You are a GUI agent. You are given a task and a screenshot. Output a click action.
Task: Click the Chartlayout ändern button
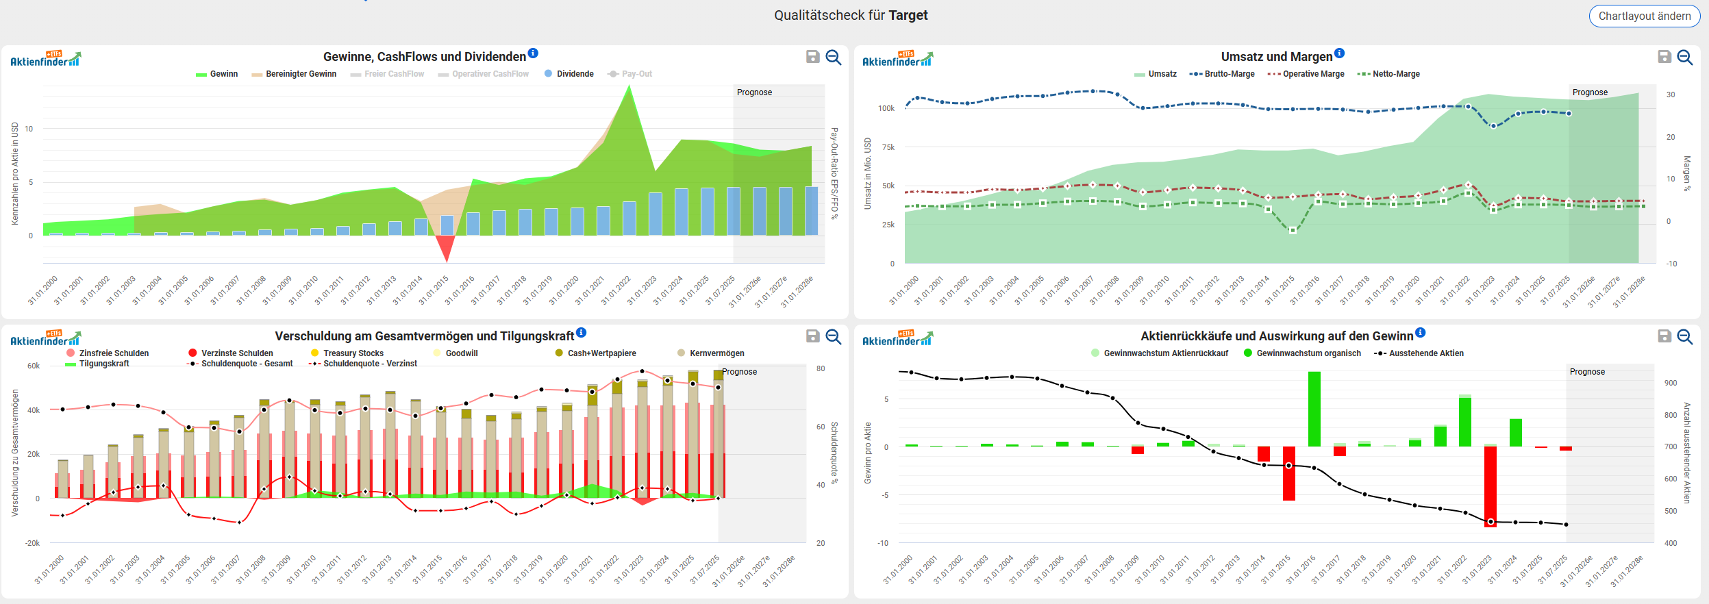coord(1644,16)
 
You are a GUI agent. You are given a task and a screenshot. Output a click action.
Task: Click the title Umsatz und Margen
coord(1276,57)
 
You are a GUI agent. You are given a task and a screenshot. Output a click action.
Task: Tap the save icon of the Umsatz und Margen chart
coord(1664,57)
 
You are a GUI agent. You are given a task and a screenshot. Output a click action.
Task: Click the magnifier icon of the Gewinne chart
coord(833,57)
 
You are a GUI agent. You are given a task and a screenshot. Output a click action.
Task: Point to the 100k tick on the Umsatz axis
coord(886,108)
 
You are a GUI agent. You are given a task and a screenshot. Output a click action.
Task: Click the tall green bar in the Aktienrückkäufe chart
coord(1314,409)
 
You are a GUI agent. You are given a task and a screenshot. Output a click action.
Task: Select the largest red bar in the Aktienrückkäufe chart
coord(1490,486)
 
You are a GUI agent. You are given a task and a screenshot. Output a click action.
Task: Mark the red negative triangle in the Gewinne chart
coord(446,247)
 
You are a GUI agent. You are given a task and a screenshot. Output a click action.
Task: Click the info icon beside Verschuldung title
coord(582,333)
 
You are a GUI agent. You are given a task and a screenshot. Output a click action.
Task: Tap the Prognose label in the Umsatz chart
coord(1589,92)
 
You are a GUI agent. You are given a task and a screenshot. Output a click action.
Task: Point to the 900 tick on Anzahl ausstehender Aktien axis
coord(1671,383)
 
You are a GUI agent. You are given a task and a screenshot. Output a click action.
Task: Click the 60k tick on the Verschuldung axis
coord(34,366)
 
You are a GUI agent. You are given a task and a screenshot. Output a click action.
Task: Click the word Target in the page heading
coord(908,15)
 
